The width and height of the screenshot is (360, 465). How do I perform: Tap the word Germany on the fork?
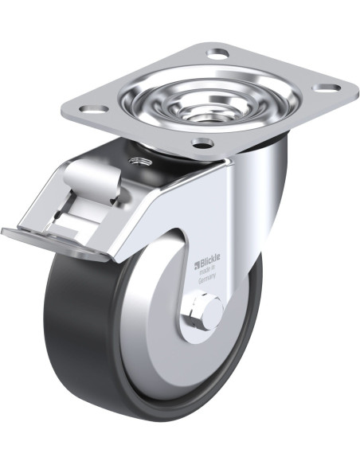207,278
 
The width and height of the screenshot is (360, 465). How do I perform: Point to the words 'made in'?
208,270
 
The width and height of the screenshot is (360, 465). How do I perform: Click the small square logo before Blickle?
196,264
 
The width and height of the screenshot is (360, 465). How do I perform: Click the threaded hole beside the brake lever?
139,162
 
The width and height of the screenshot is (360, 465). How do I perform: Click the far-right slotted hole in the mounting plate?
327,88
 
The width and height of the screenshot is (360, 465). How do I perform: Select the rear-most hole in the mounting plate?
218,54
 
